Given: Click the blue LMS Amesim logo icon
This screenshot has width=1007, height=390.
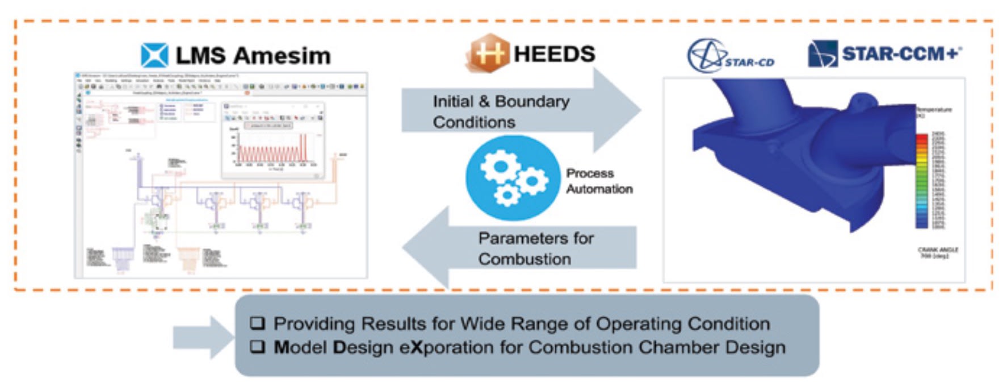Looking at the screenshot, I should [154, 56].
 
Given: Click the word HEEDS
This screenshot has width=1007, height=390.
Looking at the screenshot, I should [554, 54].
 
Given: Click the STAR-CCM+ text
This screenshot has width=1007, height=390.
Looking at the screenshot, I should [901, 54].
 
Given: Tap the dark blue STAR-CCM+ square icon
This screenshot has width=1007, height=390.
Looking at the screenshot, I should [823, 54].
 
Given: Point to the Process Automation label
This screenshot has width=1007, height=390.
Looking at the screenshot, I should [598, 181].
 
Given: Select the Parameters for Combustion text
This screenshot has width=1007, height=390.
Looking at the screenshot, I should [535, 248].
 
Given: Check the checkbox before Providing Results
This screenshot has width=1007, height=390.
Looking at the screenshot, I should [258, 323].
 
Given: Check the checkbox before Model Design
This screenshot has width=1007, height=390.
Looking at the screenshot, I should [258, 347].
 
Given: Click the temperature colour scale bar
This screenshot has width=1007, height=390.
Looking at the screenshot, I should [922, 181].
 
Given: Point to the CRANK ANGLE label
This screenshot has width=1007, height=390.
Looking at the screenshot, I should [937, 252].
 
